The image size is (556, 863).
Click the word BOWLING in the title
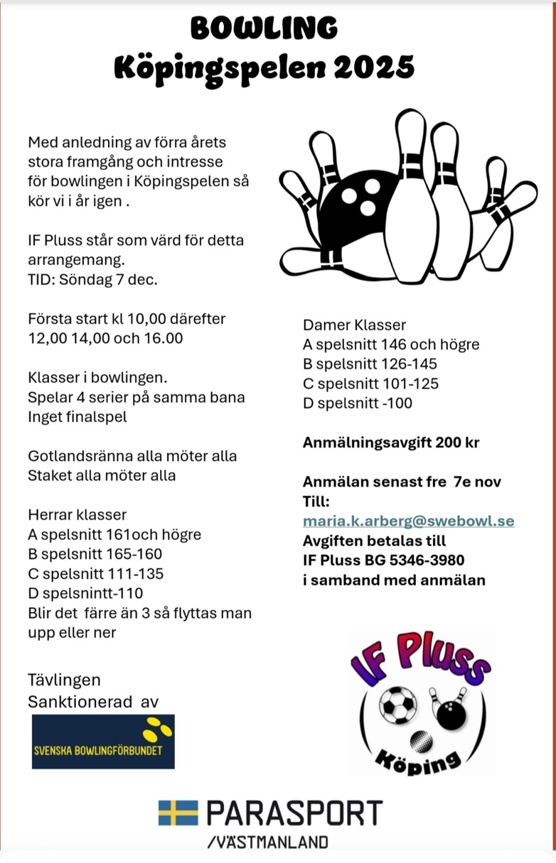coord(264,28)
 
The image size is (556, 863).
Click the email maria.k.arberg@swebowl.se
coord(408,521)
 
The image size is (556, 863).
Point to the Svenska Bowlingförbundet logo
coord(103,742)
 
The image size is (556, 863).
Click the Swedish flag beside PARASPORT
coord(178,813)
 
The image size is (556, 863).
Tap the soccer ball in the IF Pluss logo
coord(397,704)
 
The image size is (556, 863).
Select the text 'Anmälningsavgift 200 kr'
coord(391,443)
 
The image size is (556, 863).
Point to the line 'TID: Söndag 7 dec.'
coord(92,279)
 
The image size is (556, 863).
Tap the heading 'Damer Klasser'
coord(354,325)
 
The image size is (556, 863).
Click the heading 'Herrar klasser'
coord(77,514)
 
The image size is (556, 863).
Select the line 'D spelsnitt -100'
coord(357,403)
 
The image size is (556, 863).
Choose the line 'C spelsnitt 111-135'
coord(95,573)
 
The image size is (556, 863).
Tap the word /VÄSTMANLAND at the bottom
coord(268,842)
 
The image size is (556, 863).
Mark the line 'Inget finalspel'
coord(77,416)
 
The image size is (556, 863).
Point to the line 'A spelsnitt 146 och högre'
coord(391,344)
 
